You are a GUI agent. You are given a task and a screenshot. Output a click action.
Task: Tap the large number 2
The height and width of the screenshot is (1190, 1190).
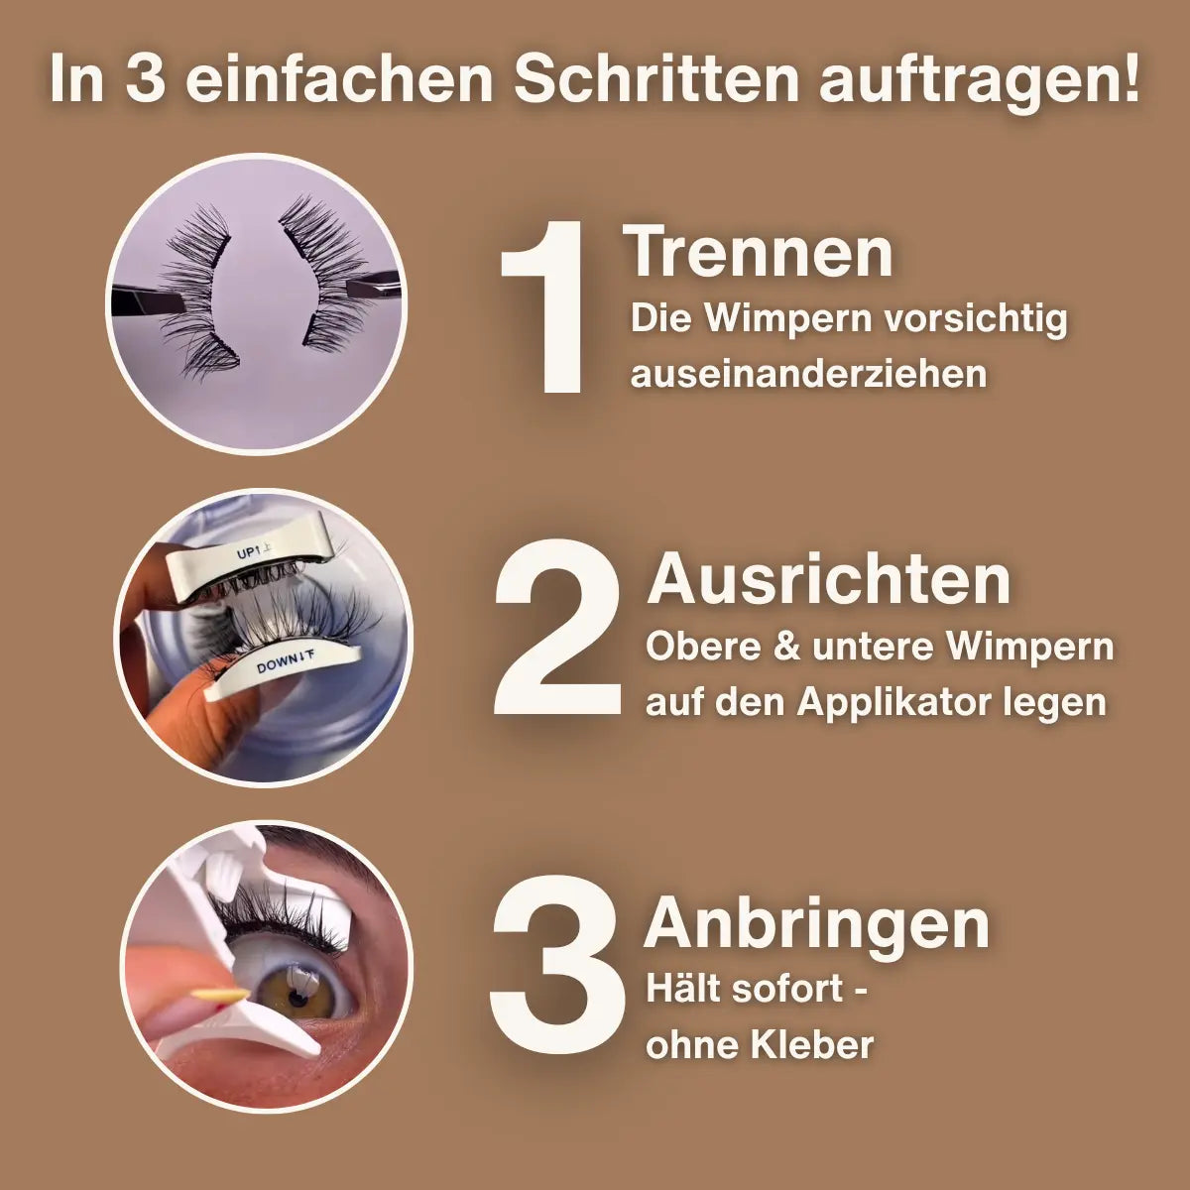point(557,628)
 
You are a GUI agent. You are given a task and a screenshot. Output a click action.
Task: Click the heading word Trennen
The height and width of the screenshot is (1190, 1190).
point(759,252)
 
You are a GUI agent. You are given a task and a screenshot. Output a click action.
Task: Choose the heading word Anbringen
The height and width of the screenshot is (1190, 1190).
point(816,924)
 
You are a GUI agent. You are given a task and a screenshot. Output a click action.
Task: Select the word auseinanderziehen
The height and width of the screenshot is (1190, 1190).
point(808,374)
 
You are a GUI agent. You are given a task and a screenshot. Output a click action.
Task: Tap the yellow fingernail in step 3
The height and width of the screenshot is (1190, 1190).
point(219,995)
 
